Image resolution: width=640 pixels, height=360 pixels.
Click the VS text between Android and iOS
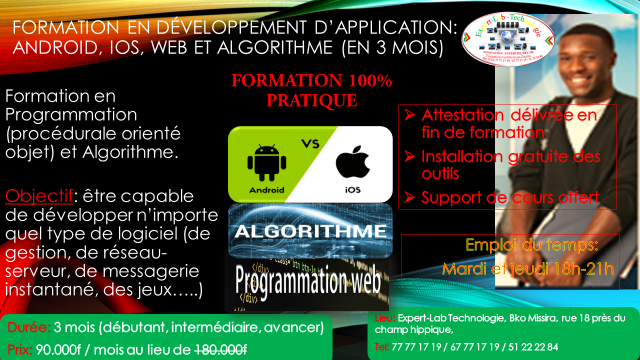click(310, 144)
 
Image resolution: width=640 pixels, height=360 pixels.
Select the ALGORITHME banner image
click(310, 231)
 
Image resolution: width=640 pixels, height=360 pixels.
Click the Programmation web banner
click(308, 281)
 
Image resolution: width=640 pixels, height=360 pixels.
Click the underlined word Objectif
click(39, 196)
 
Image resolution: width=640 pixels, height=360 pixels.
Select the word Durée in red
click(29, 328)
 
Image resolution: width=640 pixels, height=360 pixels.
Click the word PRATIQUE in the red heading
click(311, 100)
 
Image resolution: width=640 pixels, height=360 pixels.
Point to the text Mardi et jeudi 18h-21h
click(528, 269)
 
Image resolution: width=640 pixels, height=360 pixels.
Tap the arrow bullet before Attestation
click(409, 115)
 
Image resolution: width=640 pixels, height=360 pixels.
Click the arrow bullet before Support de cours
click(409, 197)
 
